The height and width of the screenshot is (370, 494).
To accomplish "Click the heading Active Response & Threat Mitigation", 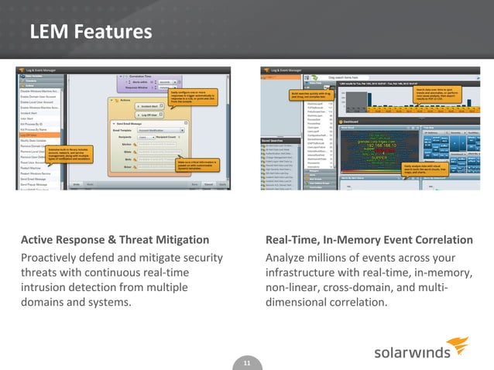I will click(x=114, y=240).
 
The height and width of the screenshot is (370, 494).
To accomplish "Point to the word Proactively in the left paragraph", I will click(x=55, y=257).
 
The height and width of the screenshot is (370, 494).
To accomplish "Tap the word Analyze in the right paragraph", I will click(x=287, y=257).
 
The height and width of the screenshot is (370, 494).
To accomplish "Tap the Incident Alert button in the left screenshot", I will click(x=151, y=106).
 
